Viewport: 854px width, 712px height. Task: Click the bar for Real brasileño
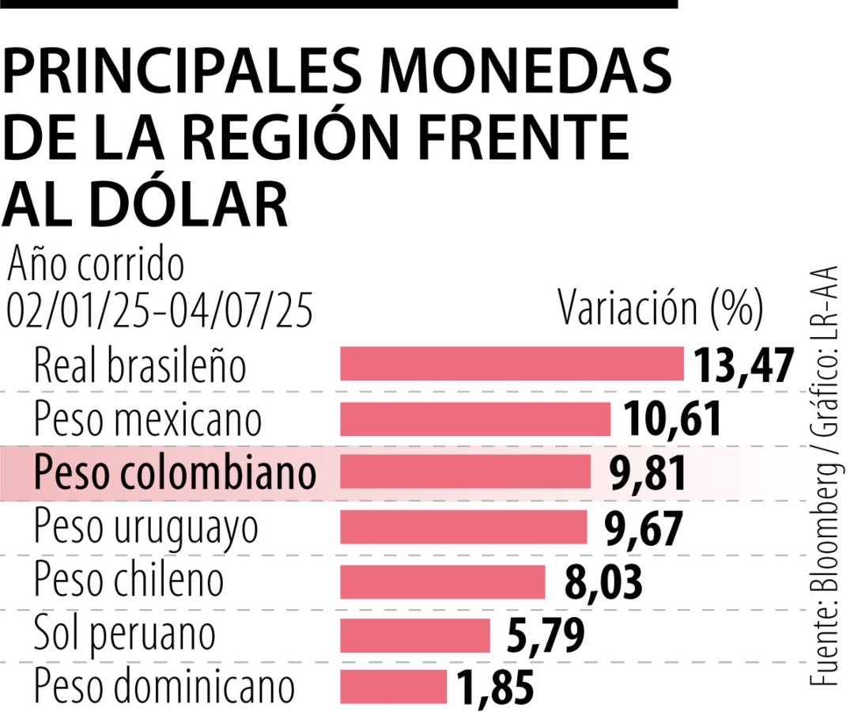(x=512, y=364)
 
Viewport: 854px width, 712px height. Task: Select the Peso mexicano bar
(x=475, y=418)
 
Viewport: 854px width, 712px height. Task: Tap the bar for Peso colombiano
(x=465, y=472)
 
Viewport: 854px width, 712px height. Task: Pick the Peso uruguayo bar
(x=463, y=527)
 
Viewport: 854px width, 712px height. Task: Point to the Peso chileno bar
(x=442, y=581)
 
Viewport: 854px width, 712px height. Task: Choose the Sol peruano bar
(x=415, y=635)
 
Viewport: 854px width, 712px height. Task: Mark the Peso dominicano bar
(x=393, y=686)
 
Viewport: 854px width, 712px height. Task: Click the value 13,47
(x=743, y=365)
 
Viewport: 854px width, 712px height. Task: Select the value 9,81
(x=648, y=474)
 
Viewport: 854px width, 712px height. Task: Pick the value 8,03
(x=603, y=583)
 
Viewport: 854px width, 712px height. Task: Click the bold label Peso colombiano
(x=175, y=473)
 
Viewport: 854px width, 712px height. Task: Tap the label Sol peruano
(x=124, y=635)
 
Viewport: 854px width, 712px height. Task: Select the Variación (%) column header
(x=660, y=309)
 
